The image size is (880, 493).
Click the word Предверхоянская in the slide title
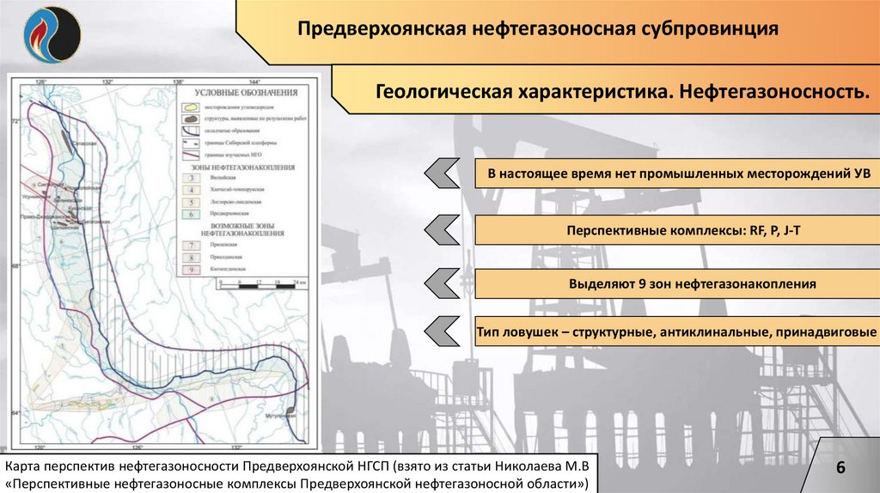point(379,30)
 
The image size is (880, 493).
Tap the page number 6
point(841,467)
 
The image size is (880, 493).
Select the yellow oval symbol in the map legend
point(192,107)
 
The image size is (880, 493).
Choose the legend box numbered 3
point(193,177)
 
